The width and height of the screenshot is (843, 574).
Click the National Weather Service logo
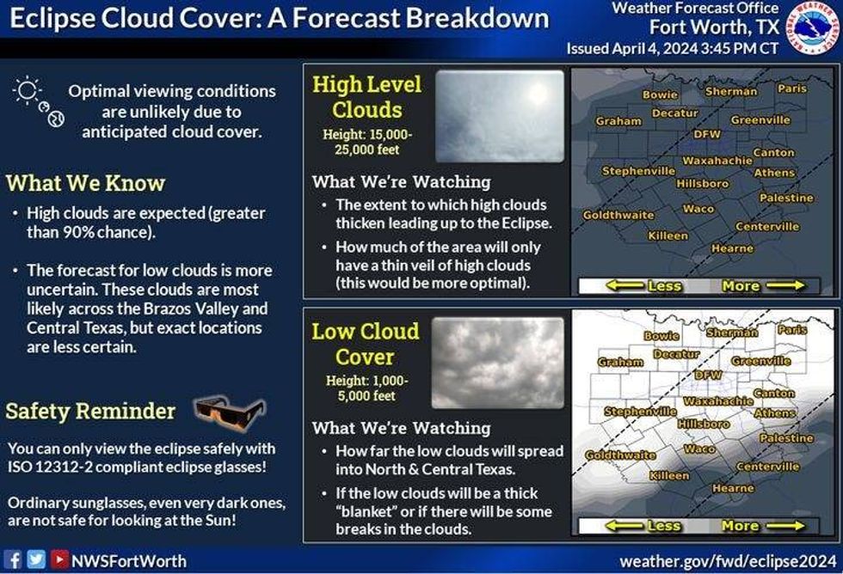click(813, 27)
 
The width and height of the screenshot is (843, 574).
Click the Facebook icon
click(13, 559)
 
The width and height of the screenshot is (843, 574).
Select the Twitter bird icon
click(36, 559)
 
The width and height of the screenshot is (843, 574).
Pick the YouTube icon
click(59, 559)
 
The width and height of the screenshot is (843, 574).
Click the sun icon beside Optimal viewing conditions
click(27, 91)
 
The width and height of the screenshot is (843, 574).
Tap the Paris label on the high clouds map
click(792, 88)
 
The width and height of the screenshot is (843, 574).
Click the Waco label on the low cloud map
click(698, 449)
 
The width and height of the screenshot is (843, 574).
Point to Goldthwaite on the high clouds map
click(618, 215)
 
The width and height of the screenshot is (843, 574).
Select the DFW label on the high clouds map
click(706, 134)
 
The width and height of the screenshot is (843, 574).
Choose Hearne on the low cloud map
click(733, 488)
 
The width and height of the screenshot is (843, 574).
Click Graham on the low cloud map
click(620, 362)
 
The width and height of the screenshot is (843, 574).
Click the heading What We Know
click(85, 183)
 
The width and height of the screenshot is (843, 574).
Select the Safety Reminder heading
click(90, 412)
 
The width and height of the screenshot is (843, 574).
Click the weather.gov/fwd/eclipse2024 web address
click(728, 561)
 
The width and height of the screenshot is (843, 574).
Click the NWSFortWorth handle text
click(129, 561)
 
